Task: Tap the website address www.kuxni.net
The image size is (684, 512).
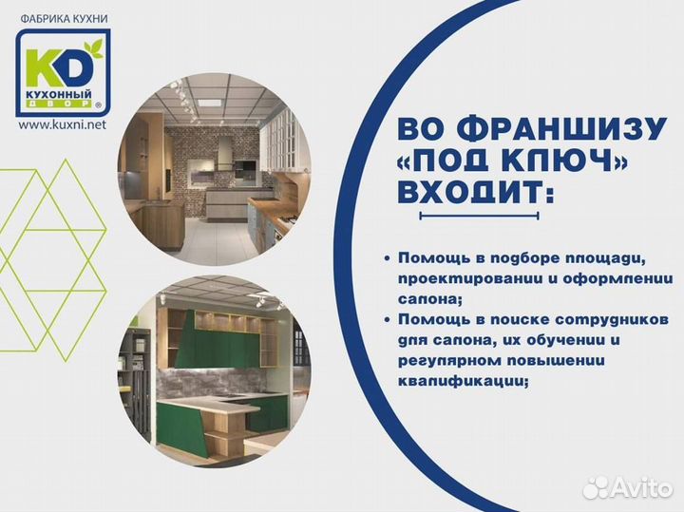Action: coord(63,124)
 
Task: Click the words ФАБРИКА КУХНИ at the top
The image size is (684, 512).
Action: coord(63,16)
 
